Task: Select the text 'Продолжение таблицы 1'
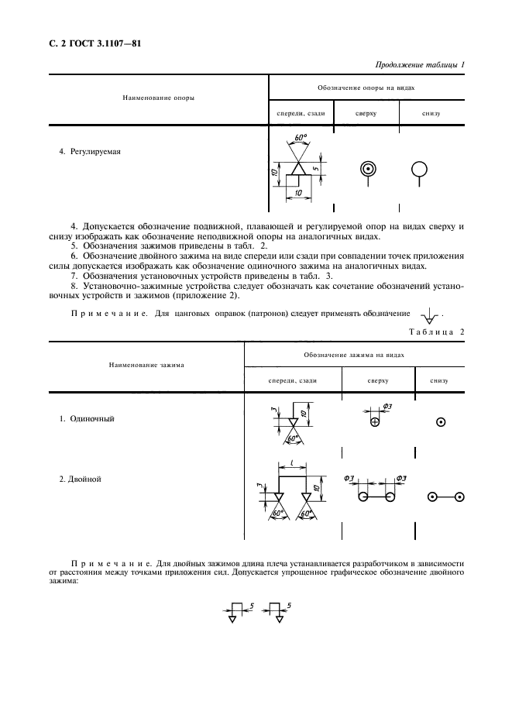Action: click(419, 66)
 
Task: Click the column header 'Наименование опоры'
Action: click(158, 98)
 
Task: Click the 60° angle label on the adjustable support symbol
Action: click(301, 138)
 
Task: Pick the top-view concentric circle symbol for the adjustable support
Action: click(367, 170)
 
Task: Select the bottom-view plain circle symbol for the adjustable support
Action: click(419, 170)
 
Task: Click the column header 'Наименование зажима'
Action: click(153, 364)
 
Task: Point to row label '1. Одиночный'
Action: click(87, 418)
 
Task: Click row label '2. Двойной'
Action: click(81, 479)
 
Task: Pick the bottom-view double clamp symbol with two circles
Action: click(446, 497)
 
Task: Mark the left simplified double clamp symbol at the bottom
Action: click(233, 612)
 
